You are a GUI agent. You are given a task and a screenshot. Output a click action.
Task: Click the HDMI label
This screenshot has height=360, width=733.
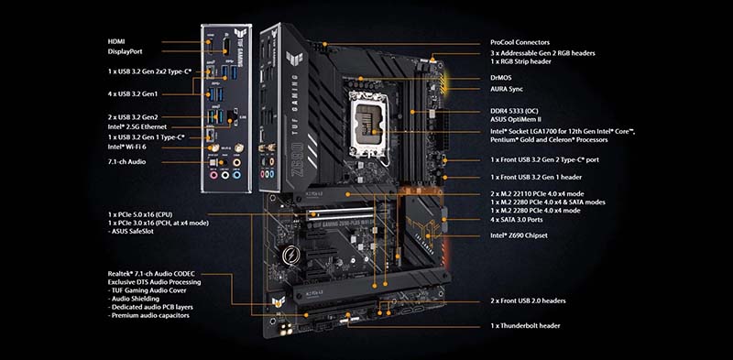(116, 41)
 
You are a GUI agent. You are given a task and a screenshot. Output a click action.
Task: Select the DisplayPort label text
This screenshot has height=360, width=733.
(125, 51)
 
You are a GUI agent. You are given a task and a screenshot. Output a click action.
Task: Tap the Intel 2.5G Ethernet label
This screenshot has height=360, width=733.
(137, 126)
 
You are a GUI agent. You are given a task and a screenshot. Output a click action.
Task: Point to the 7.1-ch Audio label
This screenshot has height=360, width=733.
(126, 162)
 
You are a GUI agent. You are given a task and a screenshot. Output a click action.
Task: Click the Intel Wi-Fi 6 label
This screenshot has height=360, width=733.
(126, 147)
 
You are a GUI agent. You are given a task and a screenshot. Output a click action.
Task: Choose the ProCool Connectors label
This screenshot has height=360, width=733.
(520, 42)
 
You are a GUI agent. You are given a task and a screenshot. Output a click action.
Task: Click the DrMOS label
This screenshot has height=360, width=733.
(500, 78)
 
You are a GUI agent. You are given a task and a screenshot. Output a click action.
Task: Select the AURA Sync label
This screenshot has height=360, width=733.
(507, 89)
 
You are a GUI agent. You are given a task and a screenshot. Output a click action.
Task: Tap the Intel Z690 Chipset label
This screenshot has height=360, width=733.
(519, 235)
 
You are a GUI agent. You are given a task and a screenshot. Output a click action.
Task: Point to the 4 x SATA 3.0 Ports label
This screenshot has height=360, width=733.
(517, 219)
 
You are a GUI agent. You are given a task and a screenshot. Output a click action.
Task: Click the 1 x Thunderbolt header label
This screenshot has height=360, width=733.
(525, 326)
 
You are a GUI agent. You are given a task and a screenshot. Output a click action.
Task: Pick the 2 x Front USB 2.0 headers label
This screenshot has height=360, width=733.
(528, 300)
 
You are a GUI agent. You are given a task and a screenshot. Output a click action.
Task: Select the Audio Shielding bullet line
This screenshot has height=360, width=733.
(133, 299)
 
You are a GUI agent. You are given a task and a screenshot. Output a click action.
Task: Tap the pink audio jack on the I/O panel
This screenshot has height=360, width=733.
(213, 175)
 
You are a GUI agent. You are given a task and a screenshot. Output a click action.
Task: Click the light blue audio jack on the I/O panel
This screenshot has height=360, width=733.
(237, 175)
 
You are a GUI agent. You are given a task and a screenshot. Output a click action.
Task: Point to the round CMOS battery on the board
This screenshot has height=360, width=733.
(289, 255)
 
